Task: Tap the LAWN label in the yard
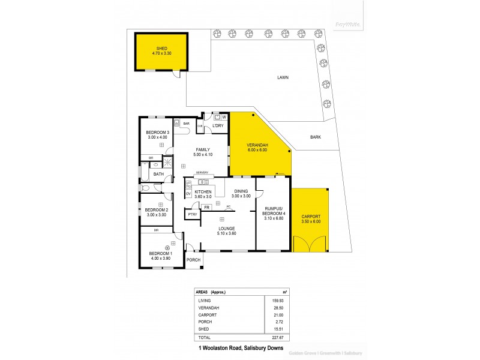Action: (284, 77)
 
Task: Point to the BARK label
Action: (315, 137)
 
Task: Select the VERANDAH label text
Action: (257, 146)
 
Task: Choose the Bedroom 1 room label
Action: (160, 253)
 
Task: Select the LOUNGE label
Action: (227, 229)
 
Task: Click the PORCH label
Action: (193, 260)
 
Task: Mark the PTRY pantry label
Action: (192, 214)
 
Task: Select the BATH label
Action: (158, 174)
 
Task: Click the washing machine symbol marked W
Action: (224, 116)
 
